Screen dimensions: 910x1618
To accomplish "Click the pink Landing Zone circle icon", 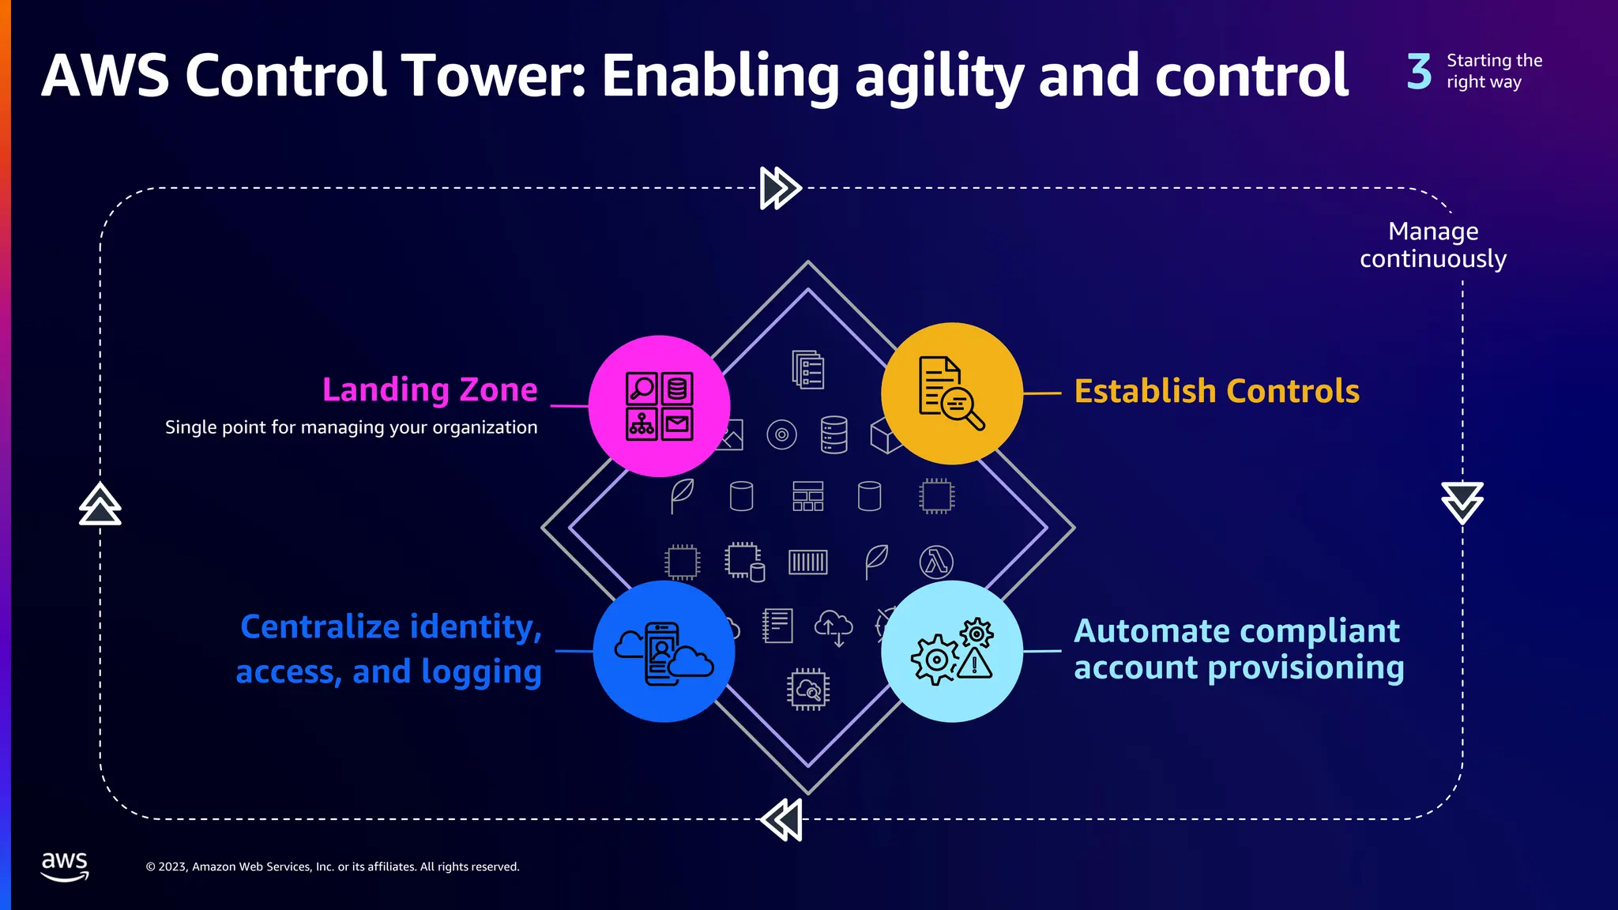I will coord(659,406).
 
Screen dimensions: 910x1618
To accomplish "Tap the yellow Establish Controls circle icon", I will coord(951,393).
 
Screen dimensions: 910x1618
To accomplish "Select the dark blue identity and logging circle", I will coord(664,652).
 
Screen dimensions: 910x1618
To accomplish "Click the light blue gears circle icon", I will coord(951,652).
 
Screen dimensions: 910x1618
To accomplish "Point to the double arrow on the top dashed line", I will coord(781,188).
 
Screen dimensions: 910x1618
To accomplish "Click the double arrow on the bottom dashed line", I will coord(781,819).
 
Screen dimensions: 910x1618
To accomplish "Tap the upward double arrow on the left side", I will coord(100,504).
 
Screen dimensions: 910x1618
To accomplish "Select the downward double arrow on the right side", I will coord(1462,502).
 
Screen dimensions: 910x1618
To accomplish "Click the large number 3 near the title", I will coord(1419,71).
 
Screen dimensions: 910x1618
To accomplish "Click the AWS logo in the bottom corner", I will coord(65,866).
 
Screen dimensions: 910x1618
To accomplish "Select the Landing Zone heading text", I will coord(430,389).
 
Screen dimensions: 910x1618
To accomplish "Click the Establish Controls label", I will coord(1217,391).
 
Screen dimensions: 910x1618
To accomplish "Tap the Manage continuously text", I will coord(1433,245).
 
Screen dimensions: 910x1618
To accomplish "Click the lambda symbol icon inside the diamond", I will coord(936,562).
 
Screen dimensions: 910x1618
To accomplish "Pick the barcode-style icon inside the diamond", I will coord(807,562).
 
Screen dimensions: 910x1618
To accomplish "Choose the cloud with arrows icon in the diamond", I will coord(833,627).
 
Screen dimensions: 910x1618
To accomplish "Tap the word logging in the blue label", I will coord(481,672).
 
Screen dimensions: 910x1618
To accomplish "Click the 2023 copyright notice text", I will coord(333,867).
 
